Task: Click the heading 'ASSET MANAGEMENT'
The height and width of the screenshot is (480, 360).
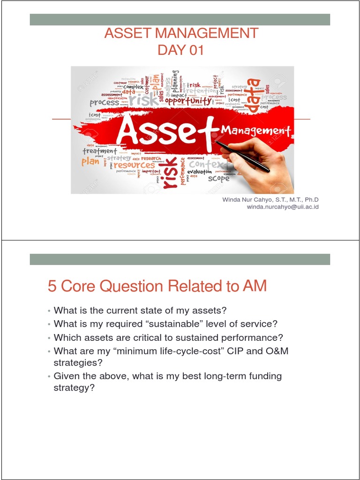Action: click(181, 33)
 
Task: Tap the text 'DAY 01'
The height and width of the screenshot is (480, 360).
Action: click(181, 50)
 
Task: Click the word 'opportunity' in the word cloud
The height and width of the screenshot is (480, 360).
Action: click(188, 101)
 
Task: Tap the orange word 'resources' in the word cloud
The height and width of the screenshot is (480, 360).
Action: click(134, 165)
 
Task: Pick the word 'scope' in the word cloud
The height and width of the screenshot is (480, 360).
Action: click(219, 179)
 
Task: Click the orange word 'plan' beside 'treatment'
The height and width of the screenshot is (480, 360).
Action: click(90, 161)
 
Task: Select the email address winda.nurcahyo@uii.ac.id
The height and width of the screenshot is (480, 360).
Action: click(282, 207)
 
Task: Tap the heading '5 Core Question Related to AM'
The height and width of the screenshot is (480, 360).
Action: click(157, 286)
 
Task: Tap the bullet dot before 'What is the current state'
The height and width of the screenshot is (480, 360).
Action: click(49, 311)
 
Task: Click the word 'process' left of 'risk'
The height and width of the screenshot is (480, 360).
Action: click(104, 103)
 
